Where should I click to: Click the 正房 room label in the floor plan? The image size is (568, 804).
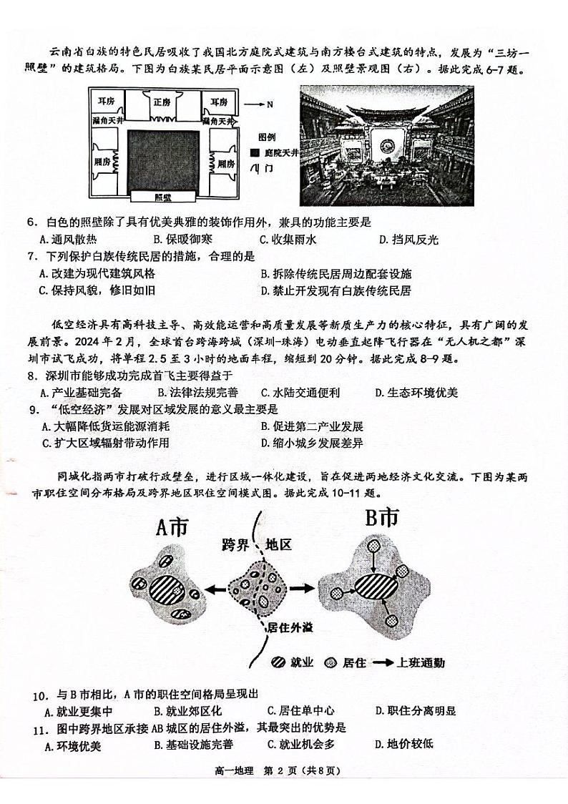pyautogui.click(x=162, y=102)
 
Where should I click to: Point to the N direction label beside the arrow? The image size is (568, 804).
pyautogui.click(x=269, y=104)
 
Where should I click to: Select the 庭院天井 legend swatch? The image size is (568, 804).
pyautogui.click(x=255, y=152)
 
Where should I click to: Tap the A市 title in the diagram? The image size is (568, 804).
pyautogui.click(x=172, y=529)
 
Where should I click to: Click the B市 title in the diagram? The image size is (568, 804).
pyautogui.click(x=381, y=519)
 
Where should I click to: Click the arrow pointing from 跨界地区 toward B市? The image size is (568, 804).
pyautogui.click(x=302, y=588)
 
